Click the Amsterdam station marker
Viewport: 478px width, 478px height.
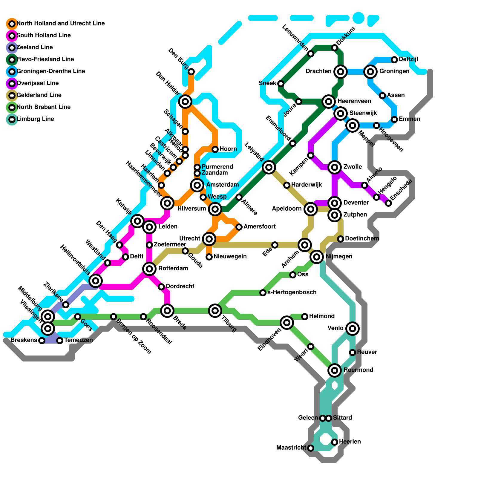197,185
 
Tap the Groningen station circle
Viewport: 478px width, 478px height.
370,72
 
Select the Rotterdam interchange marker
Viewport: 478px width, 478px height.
149,269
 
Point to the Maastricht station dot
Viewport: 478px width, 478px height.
311,448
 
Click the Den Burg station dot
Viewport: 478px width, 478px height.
191,72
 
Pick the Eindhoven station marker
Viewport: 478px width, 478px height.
287,323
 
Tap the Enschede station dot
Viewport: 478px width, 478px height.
388,203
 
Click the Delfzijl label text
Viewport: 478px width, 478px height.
408,59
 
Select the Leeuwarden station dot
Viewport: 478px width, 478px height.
311,54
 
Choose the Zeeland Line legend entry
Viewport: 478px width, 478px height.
35,48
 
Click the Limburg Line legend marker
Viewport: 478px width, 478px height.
12,119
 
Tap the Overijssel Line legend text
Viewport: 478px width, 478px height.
38,83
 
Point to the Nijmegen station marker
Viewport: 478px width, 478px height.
317,257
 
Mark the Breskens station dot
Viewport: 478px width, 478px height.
42,341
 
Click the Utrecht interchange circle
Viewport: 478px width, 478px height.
209,239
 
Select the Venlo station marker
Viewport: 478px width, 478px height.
353,329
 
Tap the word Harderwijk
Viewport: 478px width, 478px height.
307,185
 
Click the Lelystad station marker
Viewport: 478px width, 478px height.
269,167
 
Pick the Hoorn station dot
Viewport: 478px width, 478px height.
215,149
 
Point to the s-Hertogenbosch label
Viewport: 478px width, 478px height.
292,292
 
